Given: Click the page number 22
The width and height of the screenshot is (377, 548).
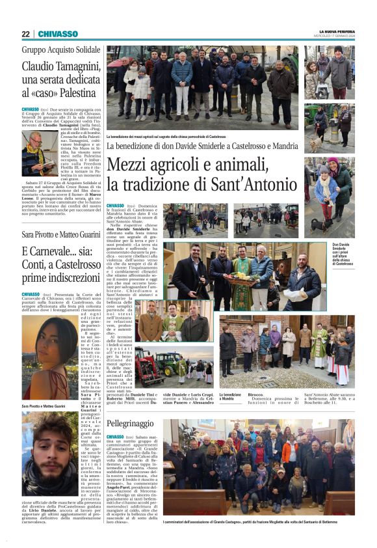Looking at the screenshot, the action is pos(26,34).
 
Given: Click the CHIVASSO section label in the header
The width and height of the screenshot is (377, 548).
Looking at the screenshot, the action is pos(58,34).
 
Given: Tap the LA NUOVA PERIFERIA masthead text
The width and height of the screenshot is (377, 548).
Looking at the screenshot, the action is pos(337,31).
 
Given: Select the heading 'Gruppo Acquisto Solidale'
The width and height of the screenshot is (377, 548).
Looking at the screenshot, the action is pos(61,49).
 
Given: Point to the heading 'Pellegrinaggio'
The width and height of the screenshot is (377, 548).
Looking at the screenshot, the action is pos(131,423).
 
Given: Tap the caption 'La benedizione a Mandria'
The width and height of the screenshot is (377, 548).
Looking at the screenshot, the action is pos(231,396).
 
